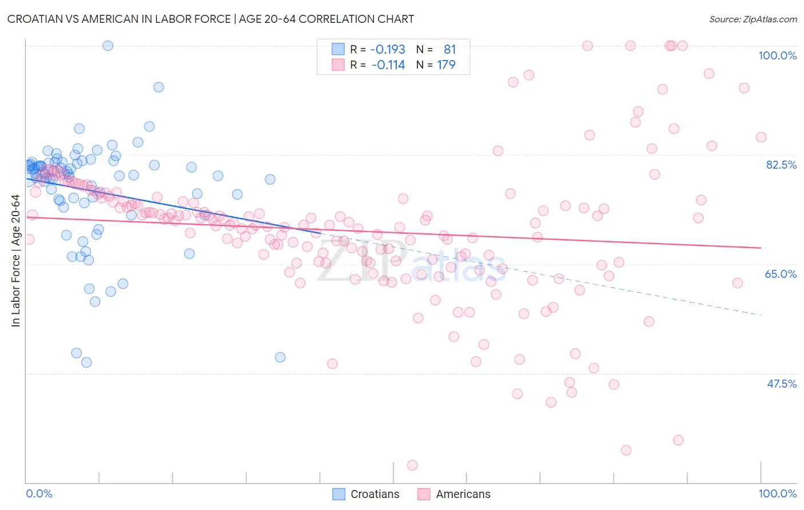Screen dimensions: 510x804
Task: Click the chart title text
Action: coord(210,19)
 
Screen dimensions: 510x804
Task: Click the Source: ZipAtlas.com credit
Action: coord(753,19)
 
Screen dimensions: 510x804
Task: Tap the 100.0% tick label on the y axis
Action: coord(777,55)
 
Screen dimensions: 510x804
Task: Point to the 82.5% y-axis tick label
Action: coord(781,165)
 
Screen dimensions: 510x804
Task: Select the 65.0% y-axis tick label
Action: coord(781,274)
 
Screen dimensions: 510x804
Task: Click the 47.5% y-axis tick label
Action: coord(782,384)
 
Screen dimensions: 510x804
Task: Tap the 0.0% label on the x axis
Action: coord(39,493)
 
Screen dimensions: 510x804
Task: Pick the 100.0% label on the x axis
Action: coord(777,493)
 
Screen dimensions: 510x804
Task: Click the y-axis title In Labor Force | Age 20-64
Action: coord(15,261)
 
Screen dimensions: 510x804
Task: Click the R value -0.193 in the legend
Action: coord(388,50)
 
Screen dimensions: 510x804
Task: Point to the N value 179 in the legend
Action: coord(446,65)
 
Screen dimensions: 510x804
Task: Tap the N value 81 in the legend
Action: coord(449,50)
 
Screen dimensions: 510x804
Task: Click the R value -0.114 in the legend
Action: coord(388,65)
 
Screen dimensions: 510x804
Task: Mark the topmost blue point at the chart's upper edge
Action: coord(108,46)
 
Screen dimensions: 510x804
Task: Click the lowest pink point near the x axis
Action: coord(412,465)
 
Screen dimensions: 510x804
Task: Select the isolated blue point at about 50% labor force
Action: coord(280,357)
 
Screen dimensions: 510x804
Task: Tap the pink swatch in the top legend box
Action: coord(339,65)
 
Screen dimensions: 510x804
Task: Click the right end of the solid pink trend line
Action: coord(761,248)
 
